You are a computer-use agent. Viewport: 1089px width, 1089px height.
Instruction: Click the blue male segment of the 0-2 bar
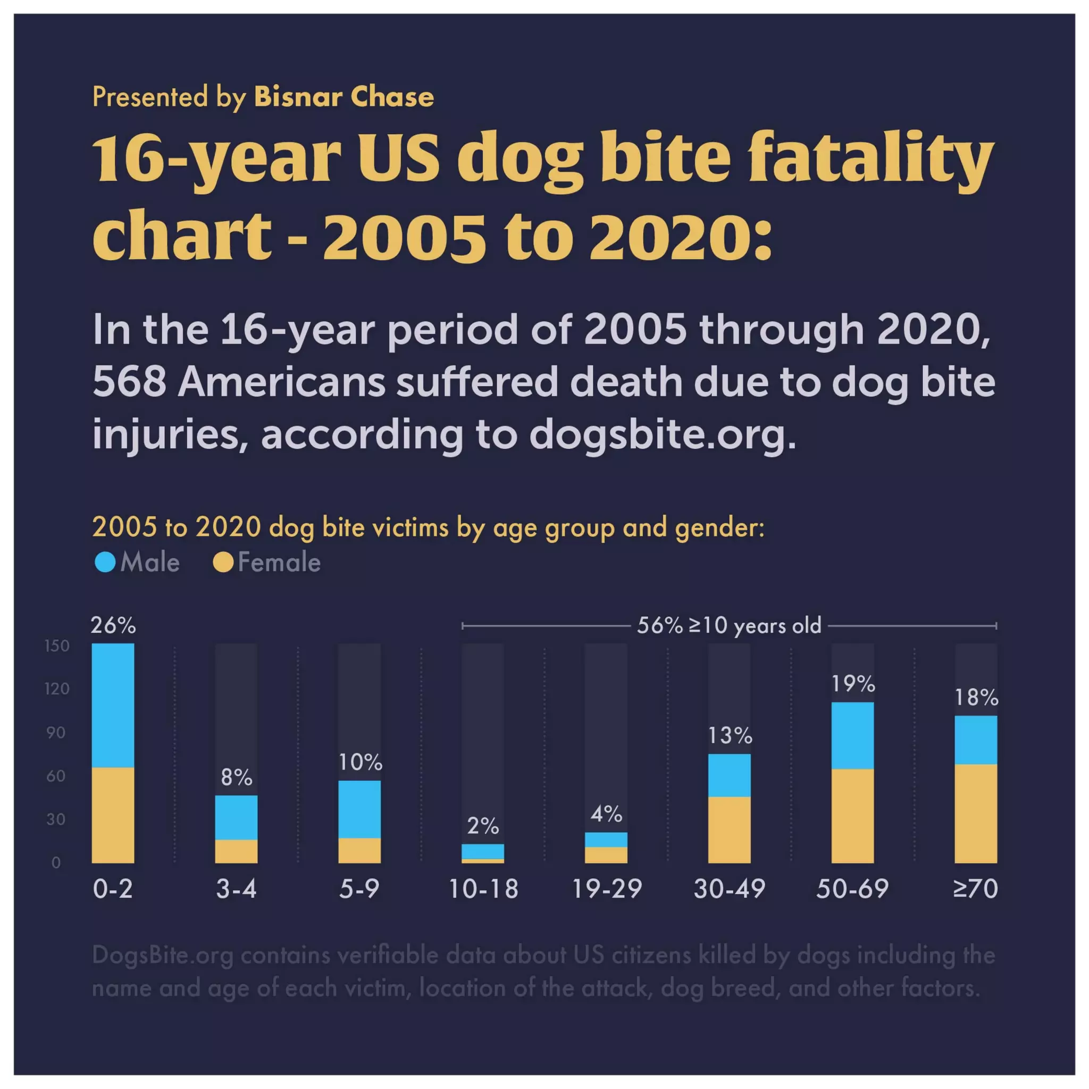(x=113, y=705)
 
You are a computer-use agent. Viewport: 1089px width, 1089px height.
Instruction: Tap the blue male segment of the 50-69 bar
(x=852, y=735)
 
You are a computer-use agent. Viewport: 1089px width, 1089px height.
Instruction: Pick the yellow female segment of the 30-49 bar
(x=729, y=829)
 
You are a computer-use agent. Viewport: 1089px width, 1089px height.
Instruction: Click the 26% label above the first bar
(x=113, y=625)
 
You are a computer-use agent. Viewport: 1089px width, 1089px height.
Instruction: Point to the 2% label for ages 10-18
(x=483, y=826)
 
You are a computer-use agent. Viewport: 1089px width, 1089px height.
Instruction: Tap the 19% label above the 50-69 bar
(x=853, y=684)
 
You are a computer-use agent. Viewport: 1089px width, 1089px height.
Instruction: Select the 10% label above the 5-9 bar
(x=360, y=762)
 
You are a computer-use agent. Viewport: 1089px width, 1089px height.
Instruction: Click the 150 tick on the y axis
(x=57, y=646)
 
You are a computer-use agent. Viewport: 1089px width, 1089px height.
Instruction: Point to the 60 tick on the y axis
(x=56, y=776)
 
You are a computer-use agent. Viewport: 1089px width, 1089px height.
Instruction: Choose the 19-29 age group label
(x=607, y=889)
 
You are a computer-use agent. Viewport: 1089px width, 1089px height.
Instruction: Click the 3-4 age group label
(x=236, y=889)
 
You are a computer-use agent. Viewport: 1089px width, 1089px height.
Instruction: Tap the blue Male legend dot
(x=105, y=562)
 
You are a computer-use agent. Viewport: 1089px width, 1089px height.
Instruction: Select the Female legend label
(x=279, y=562)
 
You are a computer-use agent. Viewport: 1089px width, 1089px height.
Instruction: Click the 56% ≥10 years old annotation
(x=729, y=625)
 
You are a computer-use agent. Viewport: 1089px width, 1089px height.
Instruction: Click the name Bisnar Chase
(x=344, y=96)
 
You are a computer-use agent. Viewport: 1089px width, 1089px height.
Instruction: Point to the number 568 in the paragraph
(x=129, y=382)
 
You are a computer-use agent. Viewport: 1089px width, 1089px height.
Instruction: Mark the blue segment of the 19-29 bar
(x=606, y=839)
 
